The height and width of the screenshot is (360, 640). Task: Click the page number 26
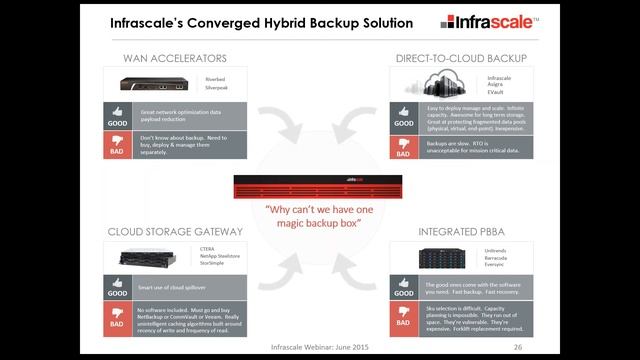pyautogui.click(x=518, y=347)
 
